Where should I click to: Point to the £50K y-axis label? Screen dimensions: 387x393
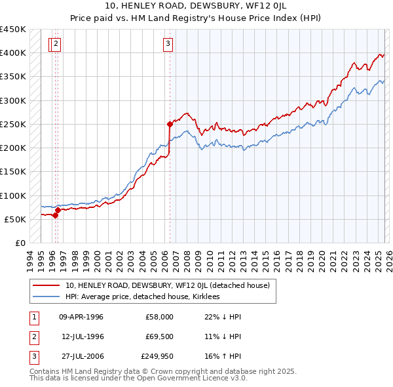pos(15,219)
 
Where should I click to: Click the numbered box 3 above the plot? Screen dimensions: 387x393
pos(168,44)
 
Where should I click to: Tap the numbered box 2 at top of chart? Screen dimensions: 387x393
pos(56,44)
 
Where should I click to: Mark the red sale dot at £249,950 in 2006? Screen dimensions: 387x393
pos(170,123)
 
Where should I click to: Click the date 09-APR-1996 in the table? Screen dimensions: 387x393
pos(81,317)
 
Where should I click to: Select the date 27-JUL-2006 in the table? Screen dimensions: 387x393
pos(81,356)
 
